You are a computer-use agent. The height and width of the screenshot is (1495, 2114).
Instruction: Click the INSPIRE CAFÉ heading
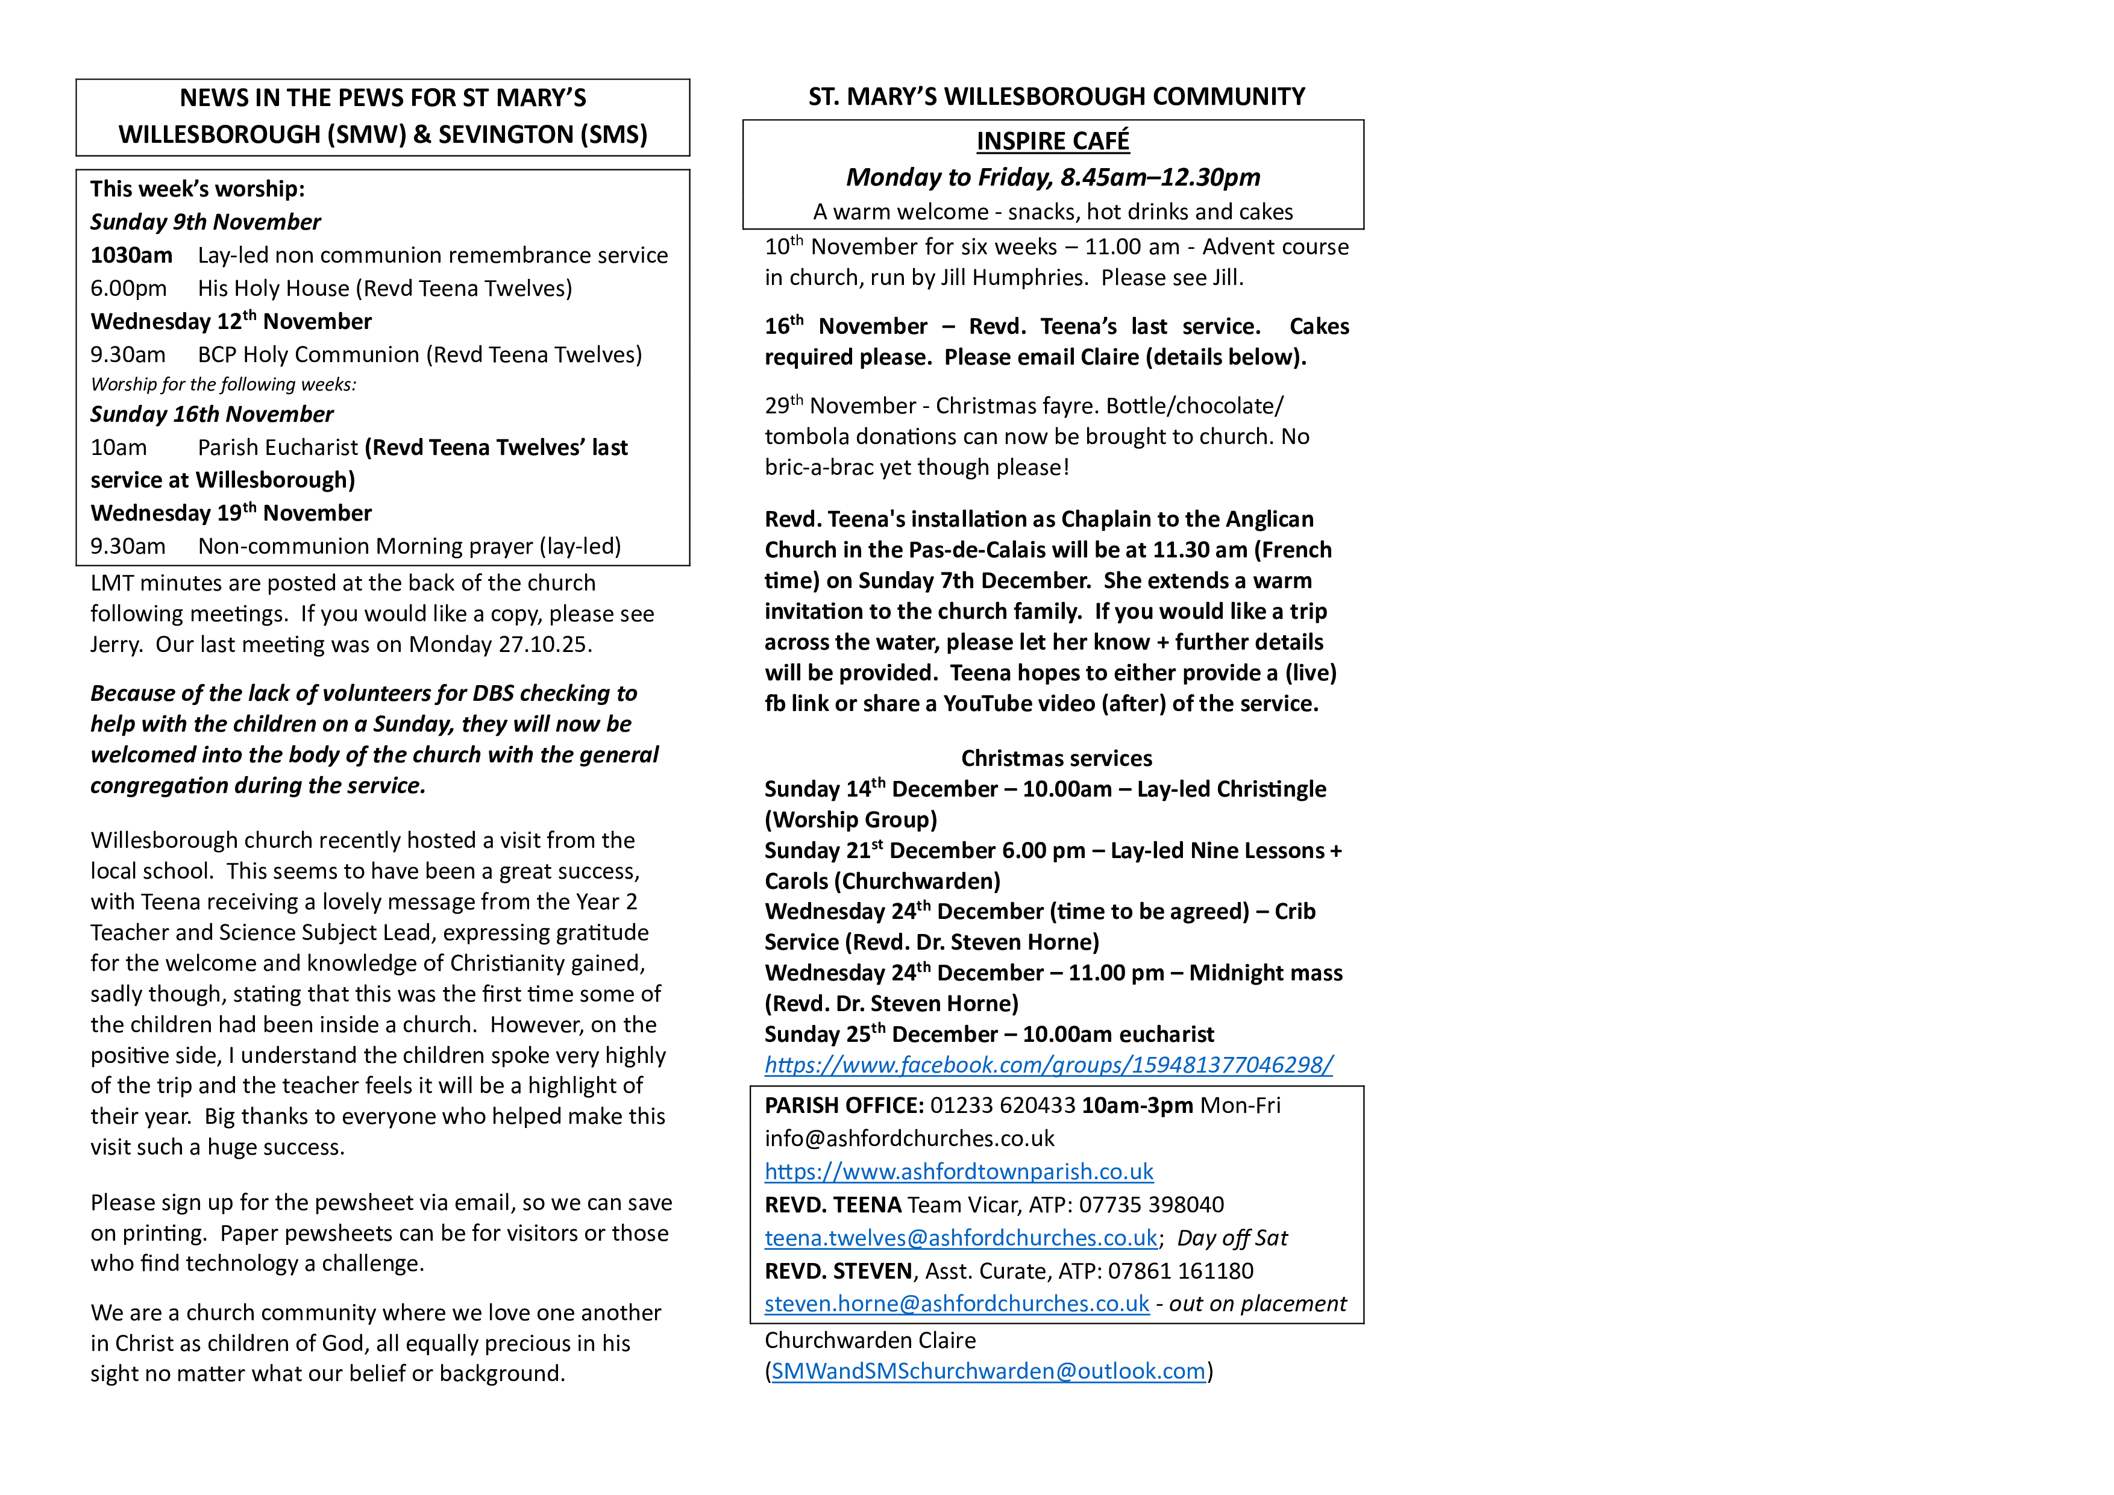tap(1052, 141)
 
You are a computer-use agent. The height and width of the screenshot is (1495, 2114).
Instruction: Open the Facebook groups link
tap(1048, 1065)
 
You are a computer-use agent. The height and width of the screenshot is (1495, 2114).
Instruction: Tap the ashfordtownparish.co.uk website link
tap(959, 1172)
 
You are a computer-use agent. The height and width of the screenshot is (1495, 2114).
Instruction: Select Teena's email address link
tap(961, 1238)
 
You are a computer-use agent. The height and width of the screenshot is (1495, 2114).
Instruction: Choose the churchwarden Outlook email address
tap(988, 1371)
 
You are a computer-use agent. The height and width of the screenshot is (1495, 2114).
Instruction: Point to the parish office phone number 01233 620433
tap(1002, 1106)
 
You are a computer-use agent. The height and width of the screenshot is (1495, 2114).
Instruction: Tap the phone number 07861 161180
tap(1181, 1271)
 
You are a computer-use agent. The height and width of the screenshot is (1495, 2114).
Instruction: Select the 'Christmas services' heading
tap(1056, 759)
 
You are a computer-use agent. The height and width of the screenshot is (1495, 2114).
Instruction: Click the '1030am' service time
tap(131, 255)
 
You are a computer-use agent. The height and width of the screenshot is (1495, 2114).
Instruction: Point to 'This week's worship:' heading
tap(197, 189)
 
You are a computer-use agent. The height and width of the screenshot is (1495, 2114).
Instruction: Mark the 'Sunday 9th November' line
tap(205, 222)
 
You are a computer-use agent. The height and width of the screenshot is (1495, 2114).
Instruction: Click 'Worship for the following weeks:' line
tap(223, 384)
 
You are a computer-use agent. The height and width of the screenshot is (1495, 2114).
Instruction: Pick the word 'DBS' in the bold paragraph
tap(494, 693)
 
